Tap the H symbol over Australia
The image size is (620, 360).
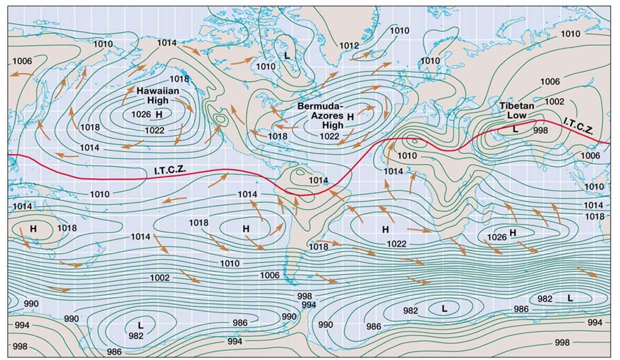(33, 228)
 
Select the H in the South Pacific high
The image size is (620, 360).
(246, 228)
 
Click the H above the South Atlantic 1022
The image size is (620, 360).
(385, 229)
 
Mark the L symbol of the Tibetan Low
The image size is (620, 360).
(515, 129)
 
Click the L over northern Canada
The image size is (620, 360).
(286, 56)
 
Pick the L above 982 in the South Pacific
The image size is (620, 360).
(140, 325)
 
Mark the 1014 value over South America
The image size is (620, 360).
(318, 180)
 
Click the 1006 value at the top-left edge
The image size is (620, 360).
(22, 61)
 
